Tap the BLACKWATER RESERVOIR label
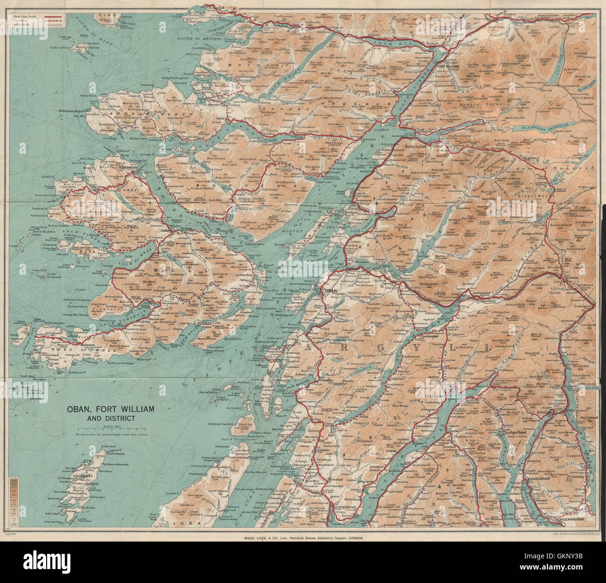tap(545, 126)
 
